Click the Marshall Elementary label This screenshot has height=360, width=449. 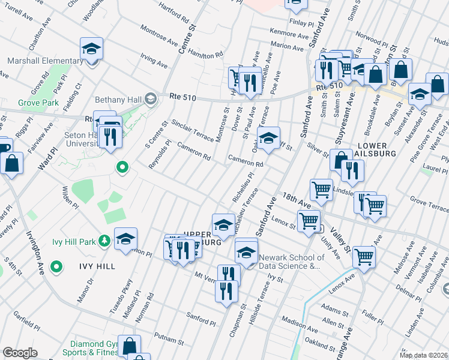tap(45, 61)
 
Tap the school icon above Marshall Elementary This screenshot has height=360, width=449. tap(92, 49)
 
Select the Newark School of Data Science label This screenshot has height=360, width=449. tap(291, 262)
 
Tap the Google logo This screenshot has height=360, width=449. tap(20, 353)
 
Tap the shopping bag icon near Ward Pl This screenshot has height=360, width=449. tap(11, 163)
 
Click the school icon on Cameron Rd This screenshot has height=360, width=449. tap(269, 138)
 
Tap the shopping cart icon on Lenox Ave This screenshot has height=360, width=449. tap(364, 256)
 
